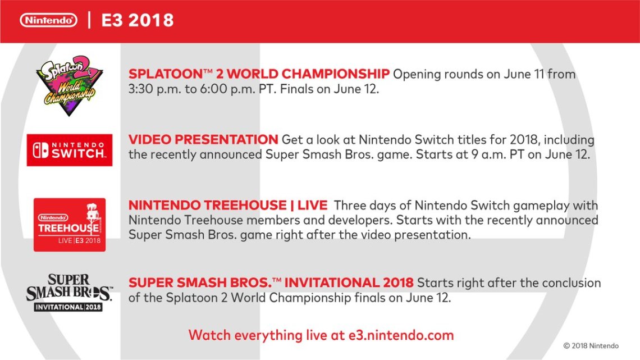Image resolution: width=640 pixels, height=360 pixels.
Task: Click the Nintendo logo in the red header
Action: tap(48, 20)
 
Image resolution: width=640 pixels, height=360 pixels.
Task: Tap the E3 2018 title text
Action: tap(137, 20)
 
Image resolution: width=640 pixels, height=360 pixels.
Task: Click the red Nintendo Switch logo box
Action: tap(70, 150)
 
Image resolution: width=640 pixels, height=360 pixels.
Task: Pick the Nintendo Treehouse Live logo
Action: tap(70, 225)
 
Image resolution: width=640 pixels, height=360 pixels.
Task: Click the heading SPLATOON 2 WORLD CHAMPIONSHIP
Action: tap(259, 74)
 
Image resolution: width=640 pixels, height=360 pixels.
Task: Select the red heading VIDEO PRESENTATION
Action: tap(203, 139)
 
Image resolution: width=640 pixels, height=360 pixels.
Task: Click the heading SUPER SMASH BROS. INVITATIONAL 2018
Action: tap(271, 282)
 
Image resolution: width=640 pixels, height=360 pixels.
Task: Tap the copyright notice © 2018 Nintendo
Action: tap(591, 346)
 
